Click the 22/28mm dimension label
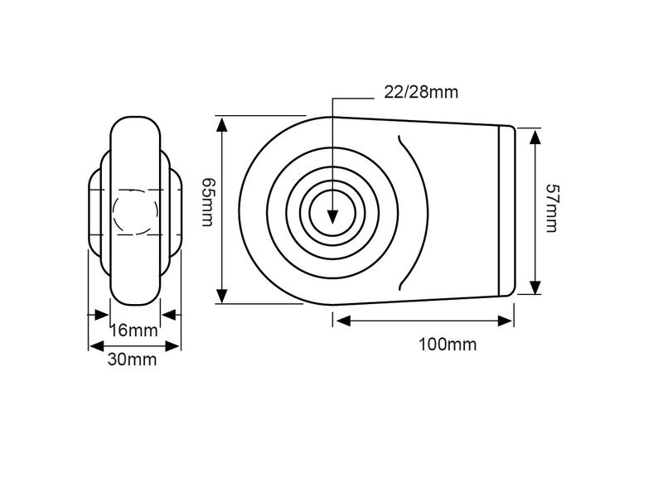pyautogui.click(x=421, y=92)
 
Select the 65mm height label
pyautogui.click(x=208, y=202)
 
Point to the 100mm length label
pyautogui.click(x=448, y=345)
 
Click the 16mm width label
pyautogui.click(x=133, y=330)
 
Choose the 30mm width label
pyautogui.click(x=132, y=359)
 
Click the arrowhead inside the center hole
pyautogui.click(x=333, y=216)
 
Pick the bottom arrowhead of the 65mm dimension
pyautogui.click(x=222, y=296)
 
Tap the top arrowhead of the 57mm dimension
pyautogui.click(x=535, y=138)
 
